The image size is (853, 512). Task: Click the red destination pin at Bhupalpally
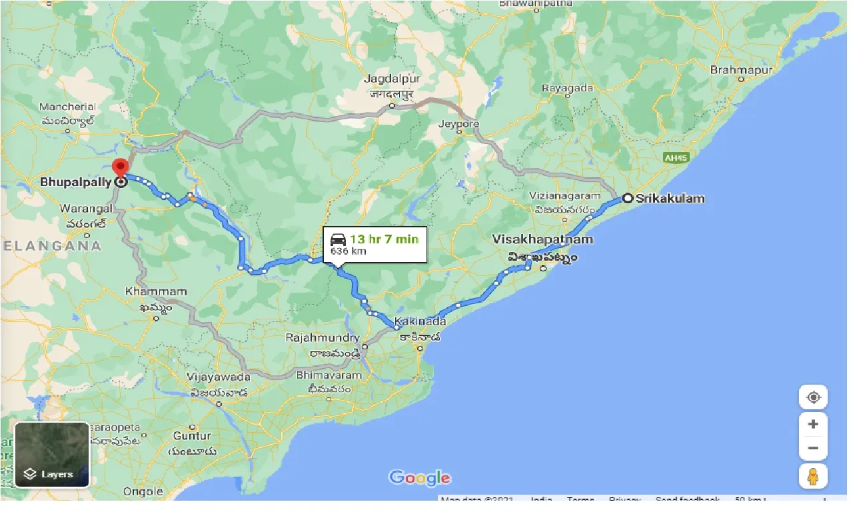[120, 167]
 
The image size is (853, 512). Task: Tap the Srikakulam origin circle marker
[627, 198]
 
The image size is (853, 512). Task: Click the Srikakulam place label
[670, 198]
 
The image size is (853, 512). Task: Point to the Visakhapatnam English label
[542, 239]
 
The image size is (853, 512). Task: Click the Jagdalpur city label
[391, 79]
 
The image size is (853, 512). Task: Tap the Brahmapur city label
[741, 70]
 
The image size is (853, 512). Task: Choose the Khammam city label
[156, 291]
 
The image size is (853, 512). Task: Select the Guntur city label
[192, 435]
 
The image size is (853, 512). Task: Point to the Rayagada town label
[567, 88]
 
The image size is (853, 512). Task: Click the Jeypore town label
[458, 123]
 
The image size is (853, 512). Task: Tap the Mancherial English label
[67, 107]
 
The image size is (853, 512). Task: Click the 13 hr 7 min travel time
[385, 239]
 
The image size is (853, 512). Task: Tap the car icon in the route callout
[339, 239]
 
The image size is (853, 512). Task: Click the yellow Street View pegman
[812, 477]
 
